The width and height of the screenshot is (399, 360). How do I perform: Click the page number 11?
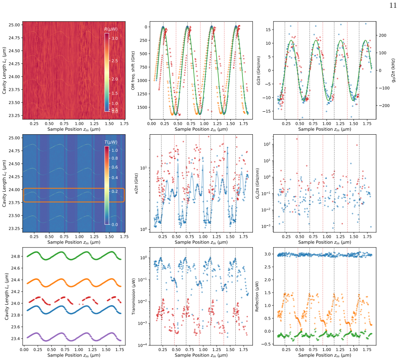click(x=393, y=5)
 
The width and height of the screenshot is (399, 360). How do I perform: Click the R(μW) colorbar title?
click(x=111, y=29)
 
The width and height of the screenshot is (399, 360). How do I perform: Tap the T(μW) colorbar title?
click(x=111, y=142)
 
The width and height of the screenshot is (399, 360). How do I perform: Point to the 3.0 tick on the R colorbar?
click(x=115, y=39)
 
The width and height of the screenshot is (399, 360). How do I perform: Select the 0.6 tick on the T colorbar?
click(x=115, y=167)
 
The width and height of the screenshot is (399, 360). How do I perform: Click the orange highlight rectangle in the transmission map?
click(x=74, y=189)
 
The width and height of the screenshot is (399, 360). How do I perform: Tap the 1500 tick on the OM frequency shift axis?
click(x=142, y=107)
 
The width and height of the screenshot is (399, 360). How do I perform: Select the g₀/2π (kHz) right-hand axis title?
click(x=394, y=70)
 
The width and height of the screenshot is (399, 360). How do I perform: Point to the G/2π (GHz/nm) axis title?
click(x=259, y=70)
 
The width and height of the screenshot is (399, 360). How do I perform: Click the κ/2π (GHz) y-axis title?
click(x=136, y=184)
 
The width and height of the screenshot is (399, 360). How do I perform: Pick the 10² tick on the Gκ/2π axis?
click(x=267, y=144)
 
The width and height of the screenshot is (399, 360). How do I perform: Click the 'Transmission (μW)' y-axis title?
click(x=133, y=296)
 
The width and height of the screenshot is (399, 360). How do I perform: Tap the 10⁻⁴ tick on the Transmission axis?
click(x=143, y=345)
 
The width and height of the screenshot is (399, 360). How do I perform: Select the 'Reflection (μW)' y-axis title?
click(x=257, y=297)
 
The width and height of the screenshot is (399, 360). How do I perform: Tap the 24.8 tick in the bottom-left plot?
click(x=15, y=256)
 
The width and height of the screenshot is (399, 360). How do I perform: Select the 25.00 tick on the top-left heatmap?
click(x=14, y=25)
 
